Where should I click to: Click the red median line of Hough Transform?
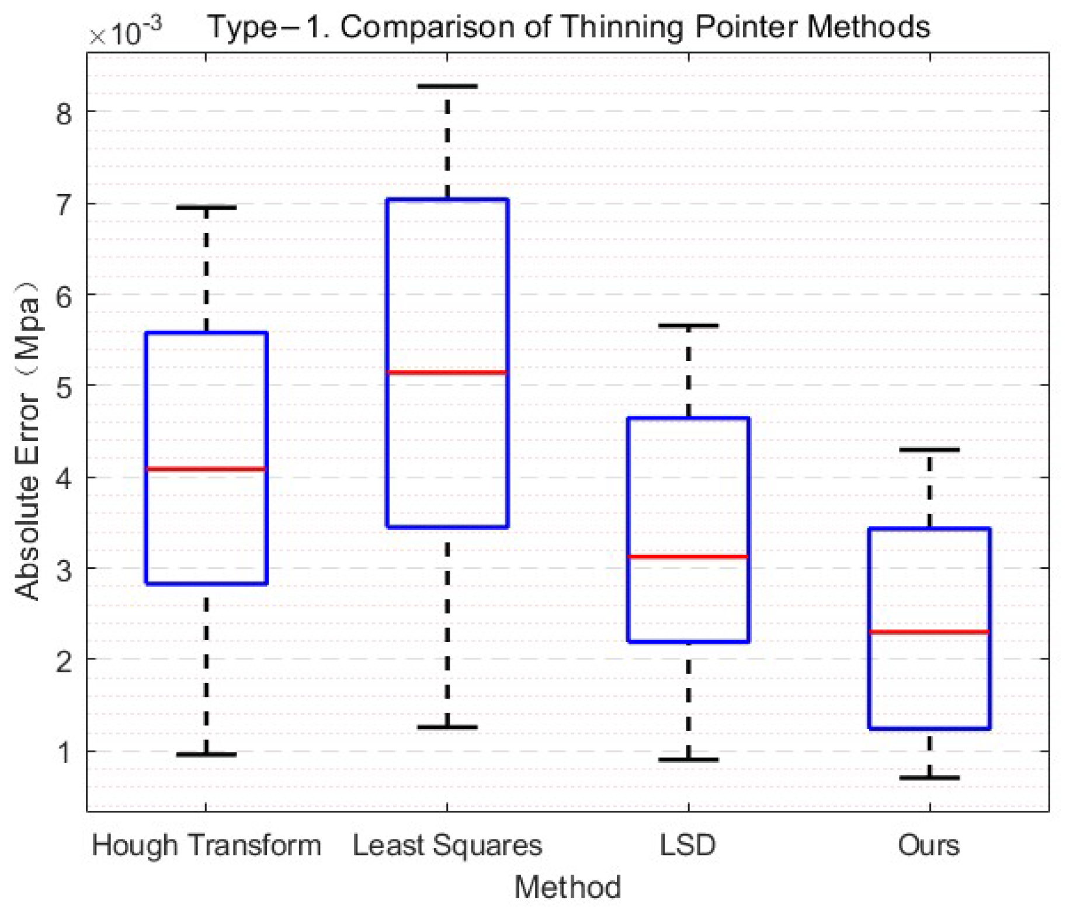(206, 468)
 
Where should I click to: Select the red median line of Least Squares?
(447, 372)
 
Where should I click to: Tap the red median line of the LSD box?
(688, 556)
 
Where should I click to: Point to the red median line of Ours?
(929, 631)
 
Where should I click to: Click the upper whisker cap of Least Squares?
(447, 86)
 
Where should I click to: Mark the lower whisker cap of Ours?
(929, 777)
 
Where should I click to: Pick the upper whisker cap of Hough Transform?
(206, 207)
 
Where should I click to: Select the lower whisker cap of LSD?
(688, 759)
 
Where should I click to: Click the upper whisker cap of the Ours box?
(929, 450)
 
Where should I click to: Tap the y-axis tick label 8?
(64, 113)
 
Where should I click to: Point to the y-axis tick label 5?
(64, 387)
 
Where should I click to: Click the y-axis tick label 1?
(64, 752)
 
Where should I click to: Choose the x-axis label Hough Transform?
(206, 845)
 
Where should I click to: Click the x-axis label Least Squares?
(447, 845)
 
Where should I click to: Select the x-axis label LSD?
(687, 845)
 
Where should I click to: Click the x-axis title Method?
(567, 887)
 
